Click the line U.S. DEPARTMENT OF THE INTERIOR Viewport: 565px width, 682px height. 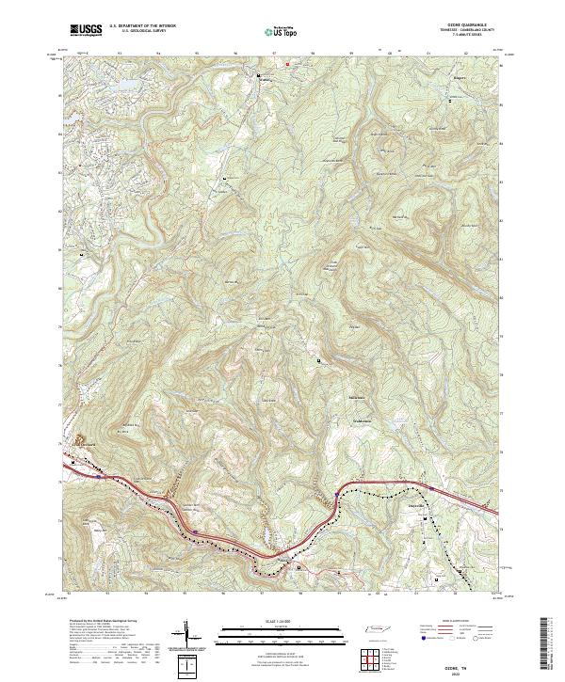click(142, 26)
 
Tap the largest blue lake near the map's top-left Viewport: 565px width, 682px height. click(122, 88)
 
